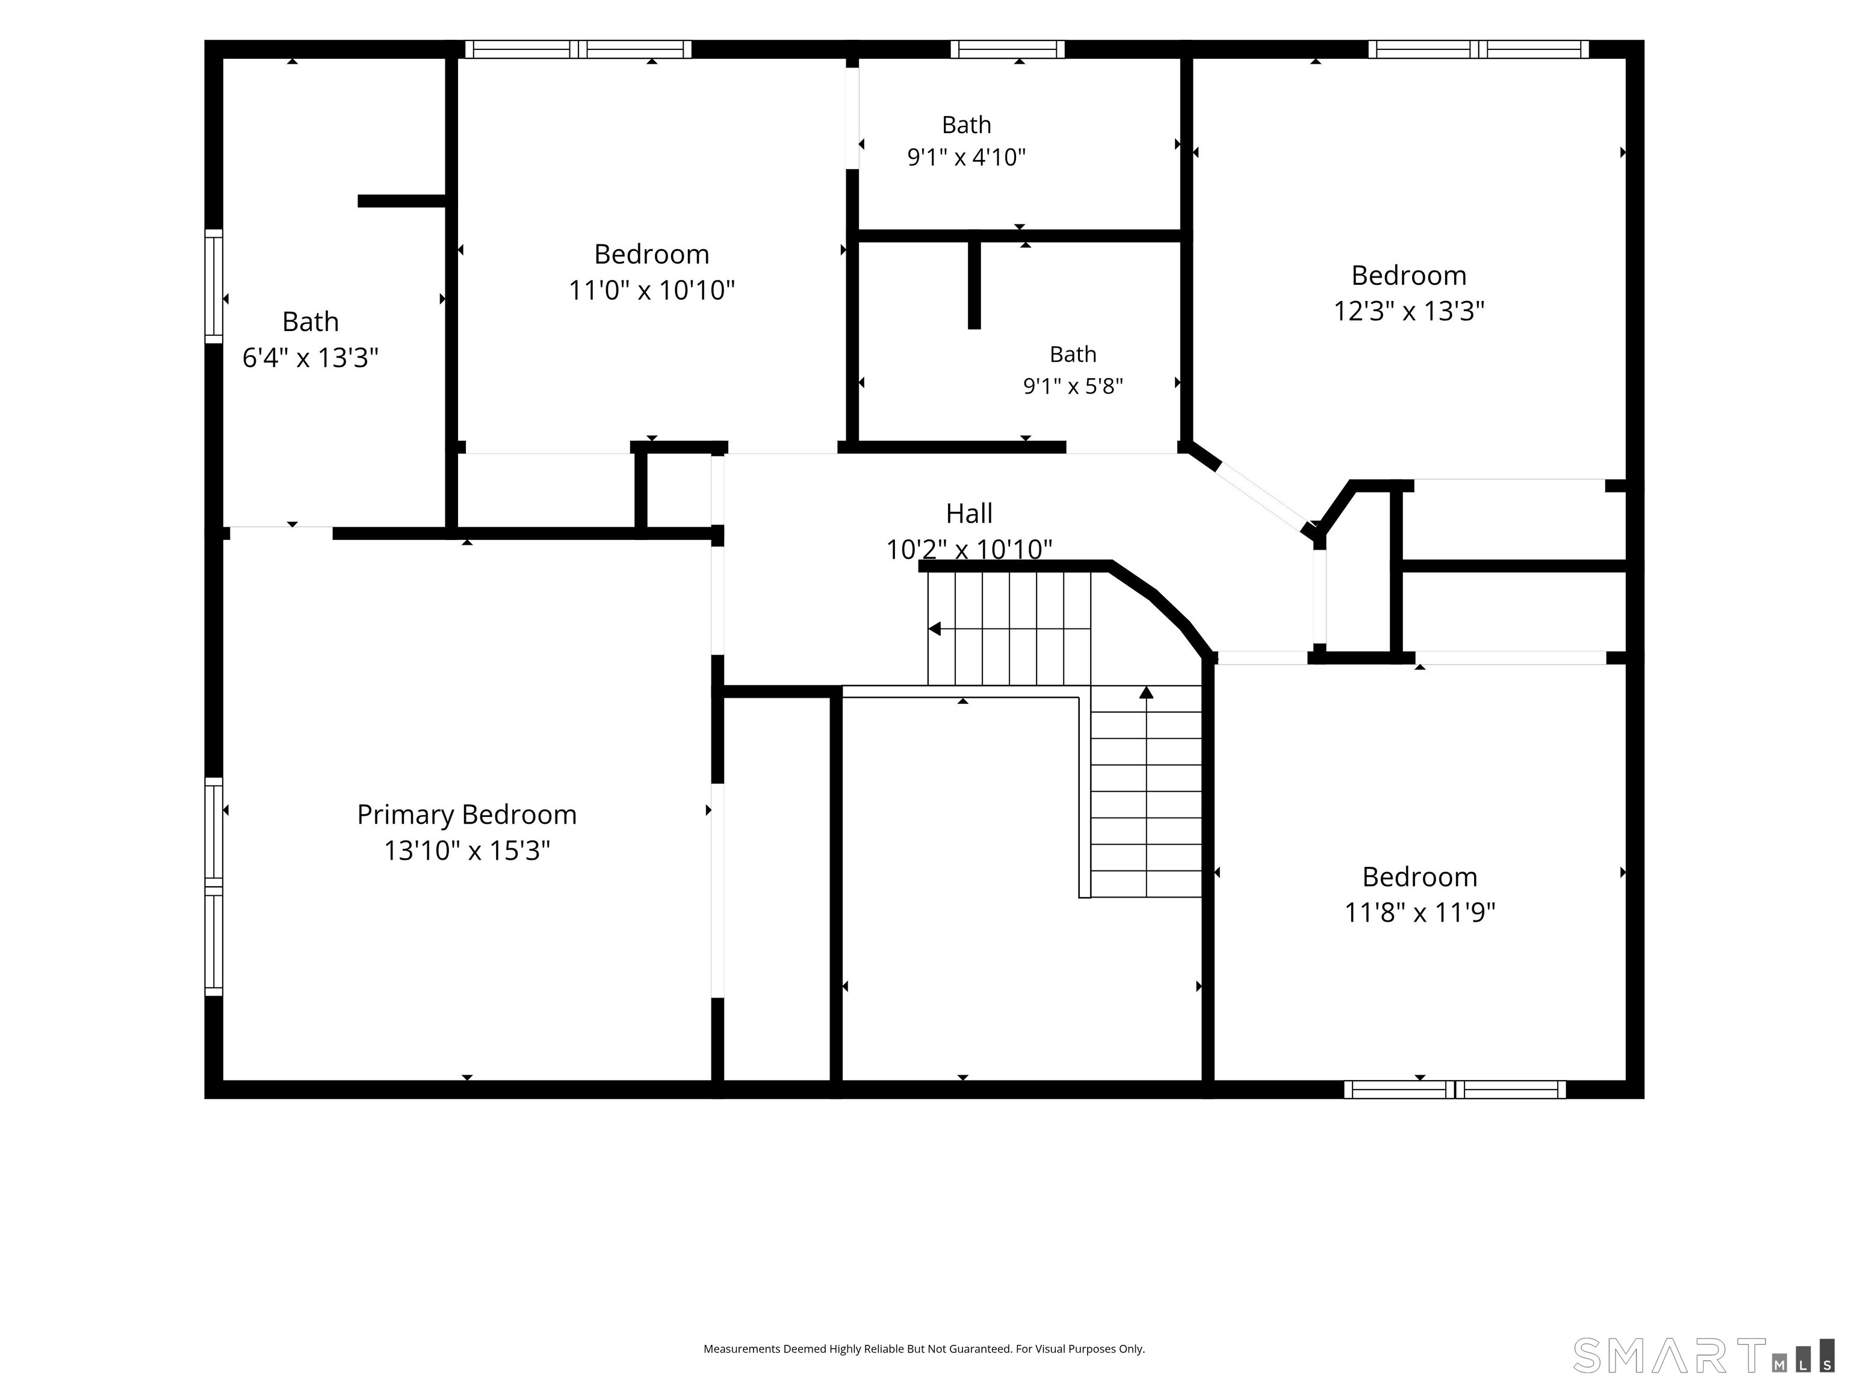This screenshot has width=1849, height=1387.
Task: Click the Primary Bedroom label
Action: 466,815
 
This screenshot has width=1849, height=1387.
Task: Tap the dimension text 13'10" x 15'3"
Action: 466,850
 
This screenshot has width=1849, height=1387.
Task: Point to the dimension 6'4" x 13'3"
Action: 310,358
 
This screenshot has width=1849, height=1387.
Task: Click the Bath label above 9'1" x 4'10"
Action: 966,125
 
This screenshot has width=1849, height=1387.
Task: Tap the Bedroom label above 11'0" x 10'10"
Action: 651,253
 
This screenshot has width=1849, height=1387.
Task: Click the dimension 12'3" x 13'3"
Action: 1408,311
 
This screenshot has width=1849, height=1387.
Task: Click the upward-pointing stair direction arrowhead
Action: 1146,692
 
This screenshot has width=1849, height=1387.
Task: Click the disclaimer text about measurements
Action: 924,1348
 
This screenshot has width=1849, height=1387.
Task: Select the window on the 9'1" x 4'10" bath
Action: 1007,49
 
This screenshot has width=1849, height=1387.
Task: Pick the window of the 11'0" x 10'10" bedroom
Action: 578,49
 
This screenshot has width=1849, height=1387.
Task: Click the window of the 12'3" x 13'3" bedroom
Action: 1478,49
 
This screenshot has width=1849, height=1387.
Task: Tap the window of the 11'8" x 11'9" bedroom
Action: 1454,1090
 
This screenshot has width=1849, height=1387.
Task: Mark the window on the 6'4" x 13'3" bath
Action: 214,286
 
